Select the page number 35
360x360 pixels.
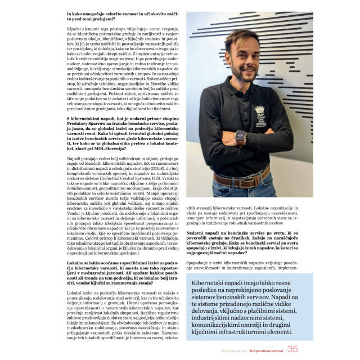pyautogui.click(x=292, y=349)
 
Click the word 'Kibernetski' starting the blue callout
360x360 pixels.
pyautogui.click(x=209, y=283)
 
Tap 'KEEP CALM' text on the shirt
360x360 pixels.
pyautogui.click(x=276, y=116)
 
